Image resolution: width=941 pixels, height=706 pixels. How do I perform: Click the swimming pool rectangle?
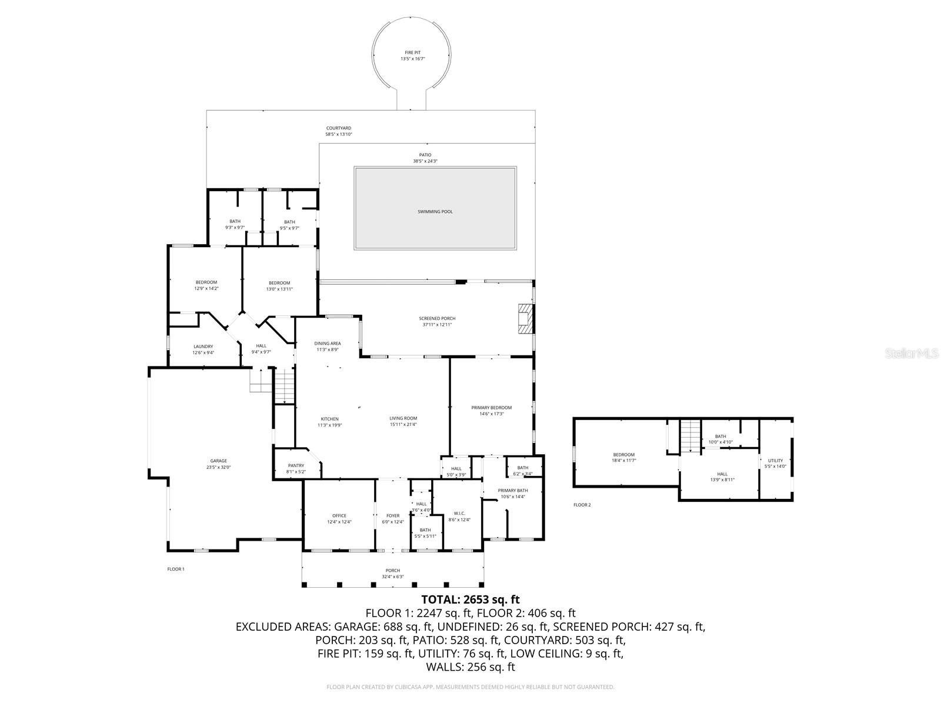coord(435,208)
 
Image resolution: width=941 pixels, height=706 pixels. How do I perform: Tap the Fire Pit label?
coord(412,53)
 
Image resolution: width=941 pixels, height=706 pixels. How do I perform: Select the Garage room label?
coord(218,461)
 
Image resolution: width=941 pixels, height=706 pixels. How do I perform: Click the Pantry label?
coord(296,465)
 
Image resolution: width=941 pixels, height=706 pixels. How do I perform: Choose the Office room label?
coord(339,515)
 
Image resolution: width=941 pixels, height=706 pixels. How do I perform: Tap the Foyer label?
coord(393,515)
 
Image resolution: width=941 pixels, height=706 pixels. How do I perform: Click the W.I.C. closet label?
coord(459,513)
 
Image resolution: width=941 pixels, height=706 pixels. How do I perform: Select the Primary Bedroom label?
coord(491,407)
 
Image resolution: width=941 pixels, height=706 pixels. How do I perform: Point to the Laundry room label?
coord(203,347)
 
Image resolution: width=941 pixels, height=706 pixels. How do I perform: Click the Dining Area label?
coord(327,343)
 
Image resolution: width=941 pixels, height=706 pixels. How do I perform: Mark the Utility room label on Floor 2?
coord(775,460)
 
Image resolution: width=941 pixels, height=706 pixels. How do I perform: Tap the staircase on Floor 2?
coord(691,436)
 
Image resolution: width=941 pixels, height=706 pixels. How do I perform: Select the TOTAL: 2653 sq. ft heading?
coord(470,600)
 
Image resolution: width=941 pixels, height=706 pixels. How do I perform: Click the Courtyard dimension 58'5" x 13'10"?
coord(339,134)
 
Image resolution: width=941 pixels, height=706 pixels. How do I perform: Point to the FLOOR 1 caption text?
coord(176,569)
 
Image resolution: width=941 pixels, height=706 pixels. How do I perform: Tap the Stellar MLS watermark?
coord(915,354)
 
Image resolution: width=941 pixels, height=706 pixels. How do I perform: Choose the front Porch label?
coord(392,570)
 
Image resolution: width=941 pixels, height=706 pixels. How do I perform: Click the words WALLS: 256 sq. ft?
coord(470,667)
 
